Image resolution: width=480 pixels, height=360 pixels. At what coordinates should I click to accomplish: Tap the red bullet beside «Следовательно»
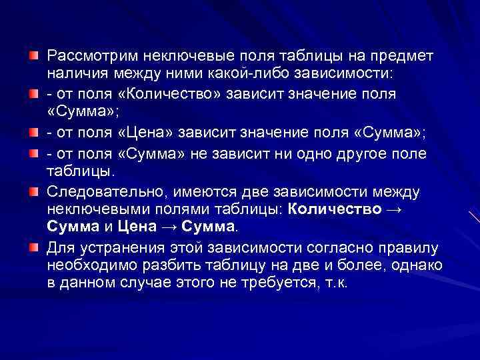(x=33, y=193)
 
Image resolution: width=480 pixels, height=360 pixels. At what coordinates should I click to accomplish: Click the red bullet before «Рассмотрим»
(x=33, y=53)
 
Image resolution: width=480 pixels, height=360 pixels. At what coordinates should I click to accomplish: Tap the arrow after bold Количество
(x=394, y=209)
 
